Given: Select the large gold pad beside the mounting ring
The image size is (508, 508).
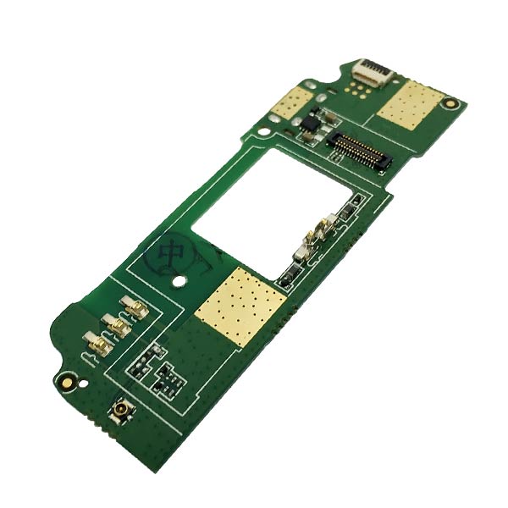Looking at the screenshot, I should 407,105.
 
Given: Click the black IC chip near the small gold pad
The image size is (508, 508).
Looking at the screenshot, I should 311,127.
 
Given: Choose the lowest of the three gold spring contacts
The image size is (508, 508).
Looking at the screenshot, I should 96,343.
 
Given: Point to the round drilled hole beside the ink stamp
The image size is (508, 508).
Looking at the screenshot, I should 180,280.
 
